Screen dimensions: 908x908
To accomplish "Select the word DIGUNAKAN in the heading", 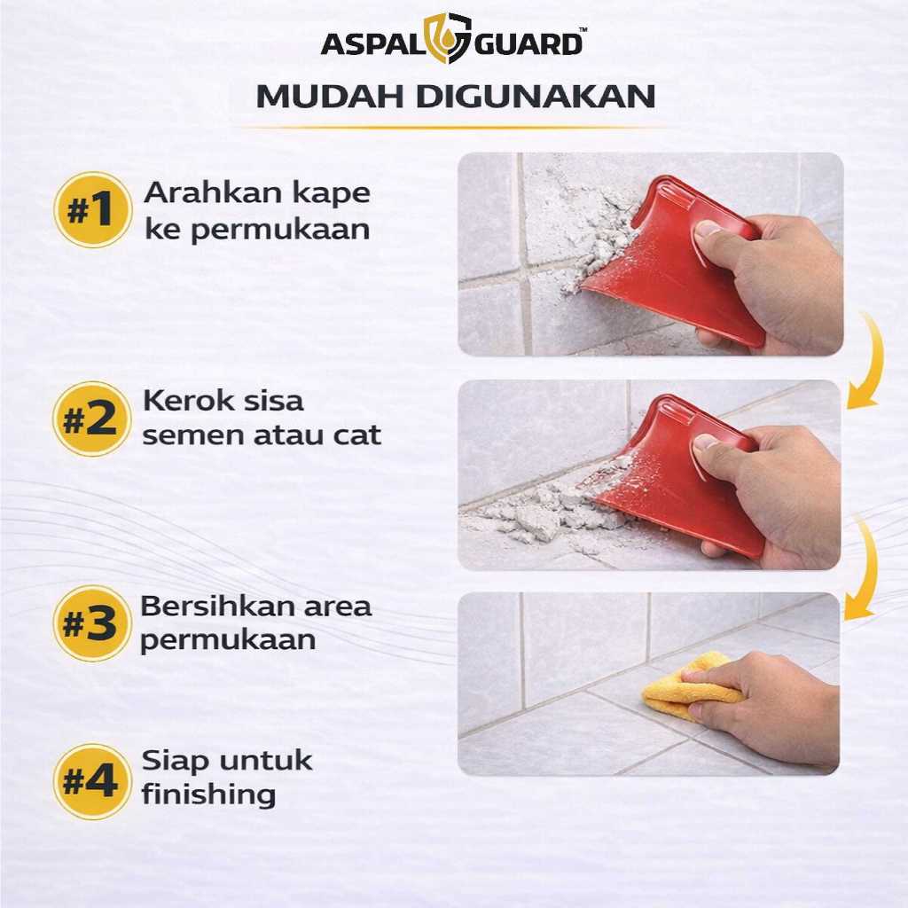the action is pos(536,97).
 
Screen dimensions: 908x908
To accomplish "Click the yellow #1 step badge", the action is pos(92,209).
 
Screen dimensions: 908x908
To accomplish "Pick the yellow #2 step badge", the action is pos(91,419).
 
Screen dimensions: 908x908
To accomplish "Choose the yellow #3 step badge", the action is pos(92,623).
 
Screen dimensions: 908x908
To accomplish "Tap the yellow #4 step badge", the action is pos(92,781).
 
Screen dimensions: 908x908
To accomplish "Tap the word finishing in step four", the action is pos(208,794).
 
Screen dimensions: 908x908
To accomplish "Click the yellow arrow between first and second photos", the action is pos(873,359).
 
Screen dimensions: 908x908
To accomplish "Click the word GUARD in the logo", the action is pos(528,44).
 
